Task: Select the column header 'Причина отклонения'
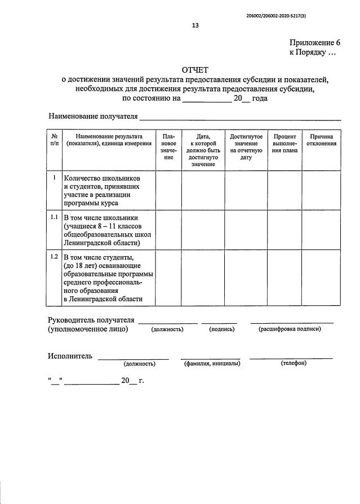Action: [x=322, y=140]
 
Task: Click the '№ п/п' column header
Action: [x=54, y=140]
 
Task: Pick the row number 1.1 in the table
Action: [x=54, y=217]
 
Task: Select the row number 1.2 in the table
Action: [x=54, y=257]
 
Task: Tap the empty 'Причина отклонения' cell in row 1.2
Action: [x=322, y=278]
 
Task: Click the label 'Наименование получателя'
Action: [x=93, y=117]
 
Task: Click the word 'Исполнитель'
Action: [x=71, y=356]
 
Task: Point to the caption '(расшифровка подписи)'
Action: [x=290, y=329]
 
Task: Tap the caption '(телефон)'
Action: [x=293, y=363]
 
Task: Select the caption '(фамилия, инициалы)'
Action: [x=212, y=364]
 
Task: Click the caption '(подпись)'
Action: [x=221, y=329]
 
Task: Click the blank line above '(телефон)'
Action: [x=291, y=358]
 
